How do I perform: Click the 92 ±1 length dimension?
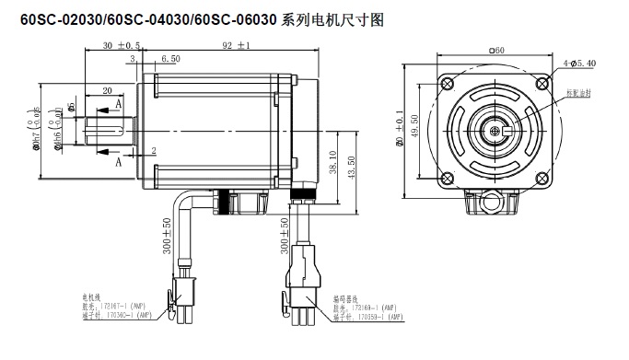pos(236,44)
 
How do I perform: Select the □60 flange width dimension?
pos(497,52)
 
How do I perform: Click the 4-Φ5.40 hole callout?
pos(577,63)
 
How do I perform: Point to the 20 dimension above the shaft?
pos(108,90)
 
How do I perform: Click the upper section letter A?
pos(118,107)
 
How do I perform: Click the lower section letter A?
pos(118,161)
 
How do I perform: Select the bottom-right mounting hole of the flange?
pos(545,180)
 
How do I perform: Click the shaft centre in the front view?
pos(497,132)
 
